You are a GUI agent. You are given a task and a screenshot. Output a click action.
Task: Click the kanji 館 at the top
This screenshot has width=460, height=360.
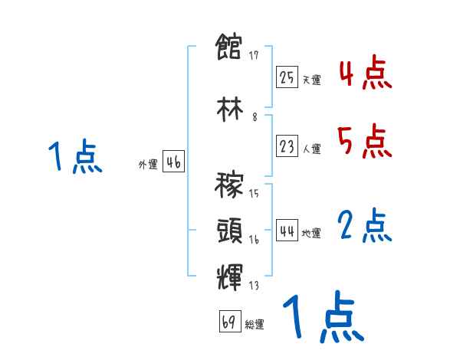229,49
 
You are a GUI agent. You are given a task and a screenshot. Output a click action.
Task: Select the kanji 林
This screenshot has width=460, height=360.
229,109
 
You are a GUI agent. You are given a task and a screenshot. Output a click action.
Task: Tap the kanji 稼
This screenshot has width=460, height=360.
229,186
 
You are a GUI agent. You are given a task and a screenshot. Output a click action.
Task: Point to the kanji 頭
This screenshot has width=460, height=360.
229,231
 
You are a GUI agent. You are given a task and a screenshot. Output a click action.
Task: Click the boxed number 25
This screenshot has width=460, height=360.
287,77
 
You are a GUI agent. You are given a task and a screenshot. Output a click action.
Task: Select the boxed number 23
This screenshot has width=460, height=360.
287,146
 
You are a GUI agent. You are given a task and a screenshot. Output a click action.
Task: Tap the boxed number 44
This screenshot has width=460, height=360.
287,231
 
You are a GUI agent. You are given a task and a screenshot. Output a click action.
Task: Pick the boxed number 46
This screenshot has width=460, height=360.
173,162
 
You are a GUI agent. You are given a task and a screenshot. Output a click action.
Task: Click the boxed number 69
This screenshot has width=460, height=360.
229,321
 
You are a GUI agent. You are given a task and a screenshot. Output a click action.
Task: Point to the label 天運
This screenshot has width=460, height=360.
310,80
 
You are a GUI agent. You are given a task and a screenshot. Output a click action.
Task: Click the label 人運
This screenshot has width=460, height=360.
310,149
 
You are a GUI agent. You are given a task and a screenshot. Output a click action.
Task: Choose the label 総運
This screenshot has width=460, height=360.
255,324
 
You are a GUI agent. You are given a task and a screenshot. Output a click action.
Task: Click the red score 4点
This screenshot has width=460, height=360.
365,73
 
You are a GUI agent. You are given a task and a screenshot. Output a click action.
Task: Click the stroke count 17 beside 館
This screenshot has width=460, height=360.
255,55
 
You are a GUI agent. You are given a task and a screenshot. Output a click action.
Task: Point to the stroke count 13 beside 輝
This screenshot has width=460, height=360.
254,286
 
